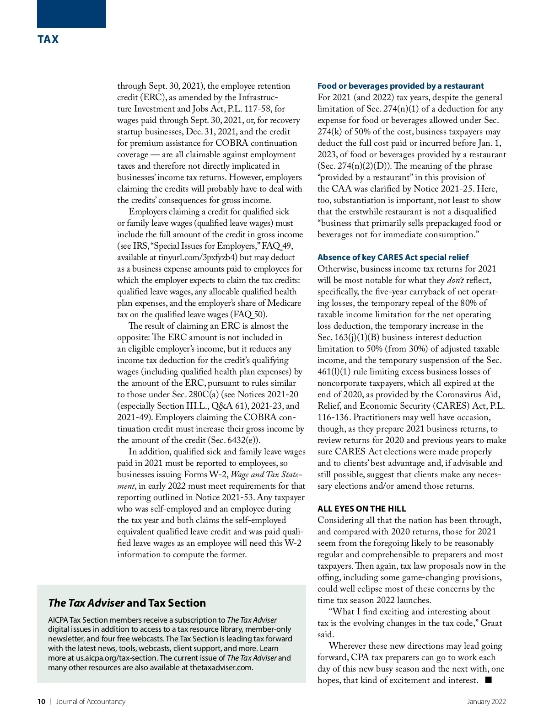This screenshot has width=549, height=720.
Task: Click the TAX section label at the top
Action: [48, 39]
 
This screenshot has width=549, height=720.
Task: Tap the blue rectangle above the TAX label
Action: [71, 14]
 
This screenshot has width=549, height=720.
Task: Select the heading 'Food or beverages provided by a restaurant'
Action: [400, 86]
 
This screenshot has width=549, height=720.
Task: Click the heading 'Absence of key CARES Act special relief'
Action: [393, 257]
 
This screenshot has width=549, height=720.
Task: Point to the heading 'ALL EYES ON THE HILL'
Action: [361, 509]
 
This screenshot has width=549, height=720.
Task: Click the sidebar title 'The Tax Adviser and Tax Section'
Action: [127, 603]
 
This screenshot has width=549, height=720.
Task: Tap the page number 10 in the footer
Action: [41, 702]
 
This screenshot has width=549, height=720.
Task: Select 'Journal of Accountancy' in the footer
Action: [90, 702]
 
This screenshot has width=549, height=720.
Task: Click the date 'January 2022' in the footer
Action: [486, 702]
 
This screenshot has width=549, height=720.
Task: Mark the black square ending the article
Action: [489, 680]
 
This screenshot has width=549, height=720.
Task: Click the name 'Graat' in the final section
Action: [491, 623]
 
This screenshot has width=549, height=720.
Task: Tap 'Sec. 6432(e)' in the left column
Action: [233, 440]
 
